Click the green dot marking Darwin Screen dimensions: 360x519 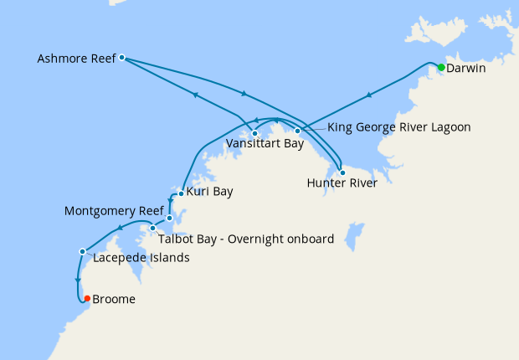point(441,66)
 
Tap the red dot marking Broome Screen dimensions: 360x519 point(87,298)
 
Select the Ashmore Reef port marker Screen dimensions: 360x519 point(122,58)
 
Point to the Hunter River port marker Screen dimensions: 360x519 point(342,172)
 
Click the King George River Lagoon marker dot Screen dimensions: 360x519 point(297,131)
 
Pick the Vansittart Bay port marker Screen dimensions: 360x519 point(254,133)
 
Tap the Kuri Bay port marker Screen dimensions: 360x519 point(181,193)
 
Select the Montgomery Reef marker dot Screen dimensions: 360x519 point(169,219)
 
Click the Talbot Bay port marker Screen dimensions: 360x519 point(153,228)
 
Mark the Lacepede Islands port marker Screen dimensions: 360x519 point(82,251)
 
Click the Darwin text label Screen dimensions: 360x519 point(467,67)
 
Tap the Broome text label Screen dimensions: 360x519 point(114,299)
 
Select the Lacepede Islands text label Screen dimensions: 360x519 point(141,258)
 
